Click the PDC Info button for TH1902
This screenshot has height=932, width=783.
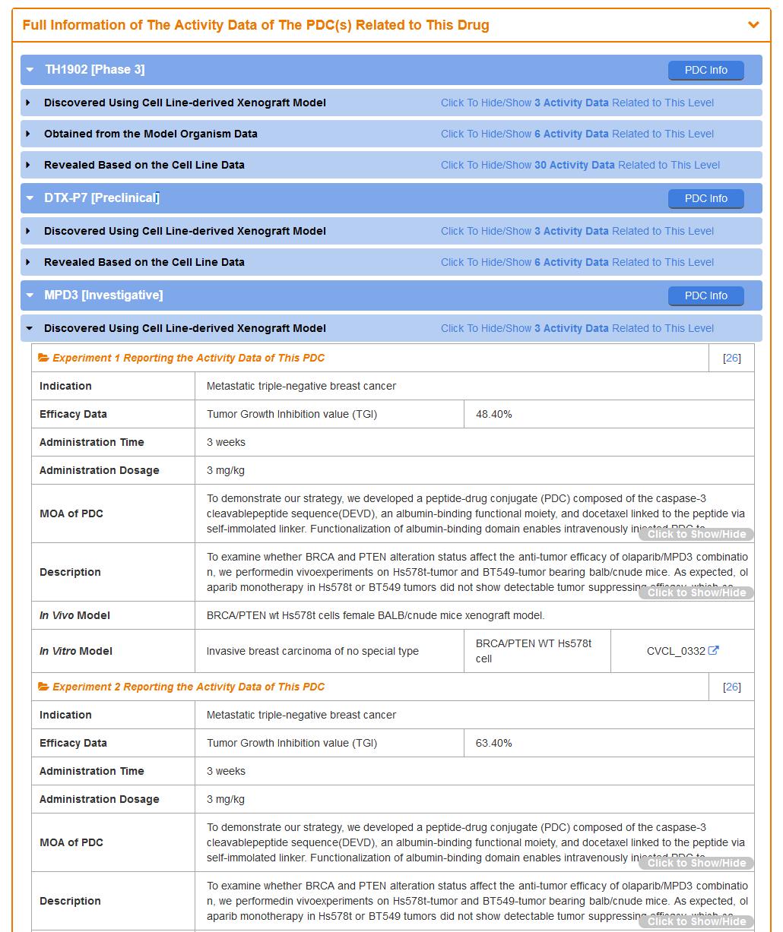705,70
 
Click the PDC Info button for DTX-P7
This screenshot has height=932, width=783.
705,198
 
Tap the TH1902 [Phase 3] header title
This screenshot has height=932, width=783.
94,70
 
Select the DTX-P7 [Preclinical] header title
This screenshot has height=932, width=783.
102,198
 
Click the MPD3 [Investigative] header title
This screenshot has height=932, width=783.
103,295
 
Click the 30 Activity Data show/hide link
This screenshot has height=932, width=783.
580,165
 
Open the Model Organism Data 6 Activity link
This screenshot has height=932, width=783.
577,134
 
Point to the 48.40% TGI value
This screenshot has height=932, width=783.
494,414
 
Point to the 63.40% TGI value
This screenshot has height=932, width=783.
494,743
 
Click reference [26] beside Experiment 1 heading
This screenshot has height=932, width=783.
732,358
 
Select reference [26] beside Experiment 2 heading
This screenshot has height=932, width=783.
732,687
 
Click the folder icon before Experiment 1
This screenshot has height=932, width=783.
44,358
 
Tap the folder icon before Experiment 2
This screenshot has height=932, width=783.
44,687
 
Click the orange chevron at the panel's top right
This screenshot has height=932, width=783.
753,25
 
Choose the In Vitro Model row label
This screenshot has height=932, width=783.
76,651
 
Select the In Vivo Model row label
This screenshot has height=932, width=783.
74,615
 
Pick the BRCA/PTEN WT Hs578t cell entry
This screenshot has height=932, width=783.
533,651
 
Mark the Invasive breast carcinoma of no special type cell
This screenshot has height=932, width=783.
312,651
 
